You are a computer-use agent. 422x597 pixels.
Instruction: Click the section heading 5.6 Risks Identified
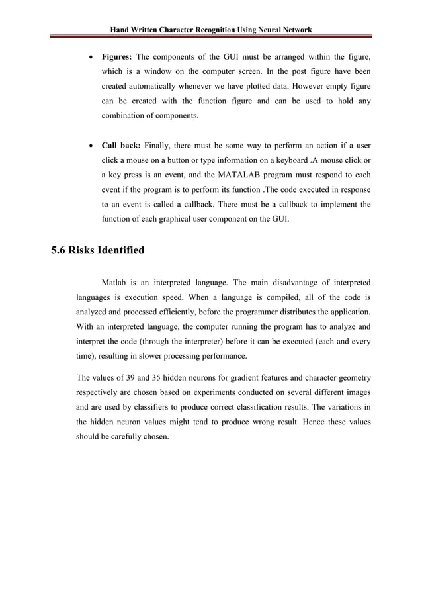point(98,252)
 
